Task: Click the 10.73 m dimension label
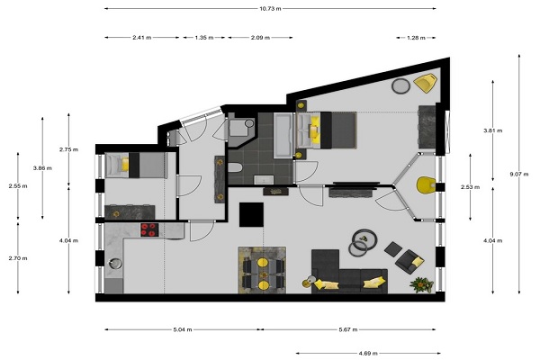(270, 9)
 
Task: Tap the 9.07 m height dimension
(519, 174)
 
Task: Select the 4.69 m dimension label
(368, 353)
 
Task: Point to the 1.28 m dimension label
(416, 38)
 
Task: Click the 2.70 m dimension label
(18, 258)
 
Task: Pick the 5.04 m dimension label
(183, 329)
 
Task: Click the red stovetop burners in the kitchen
(149, 229)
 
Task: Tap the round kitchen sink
(115, 264)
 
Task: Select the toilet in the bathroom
(235, 168)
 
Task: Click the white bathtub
(284, 135)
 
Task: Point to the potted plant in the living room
(421, 285)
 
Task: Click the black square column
(251, 214)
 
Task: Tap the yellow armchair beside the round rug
(426, 83)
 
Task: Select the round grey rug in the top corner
(400, 85)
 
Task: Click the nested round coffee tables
(363, 242)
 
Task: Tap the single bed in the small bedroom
(136, 166)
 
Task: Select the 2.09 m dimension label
(260, 38)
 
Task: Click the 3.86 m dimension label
(42, 168)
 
